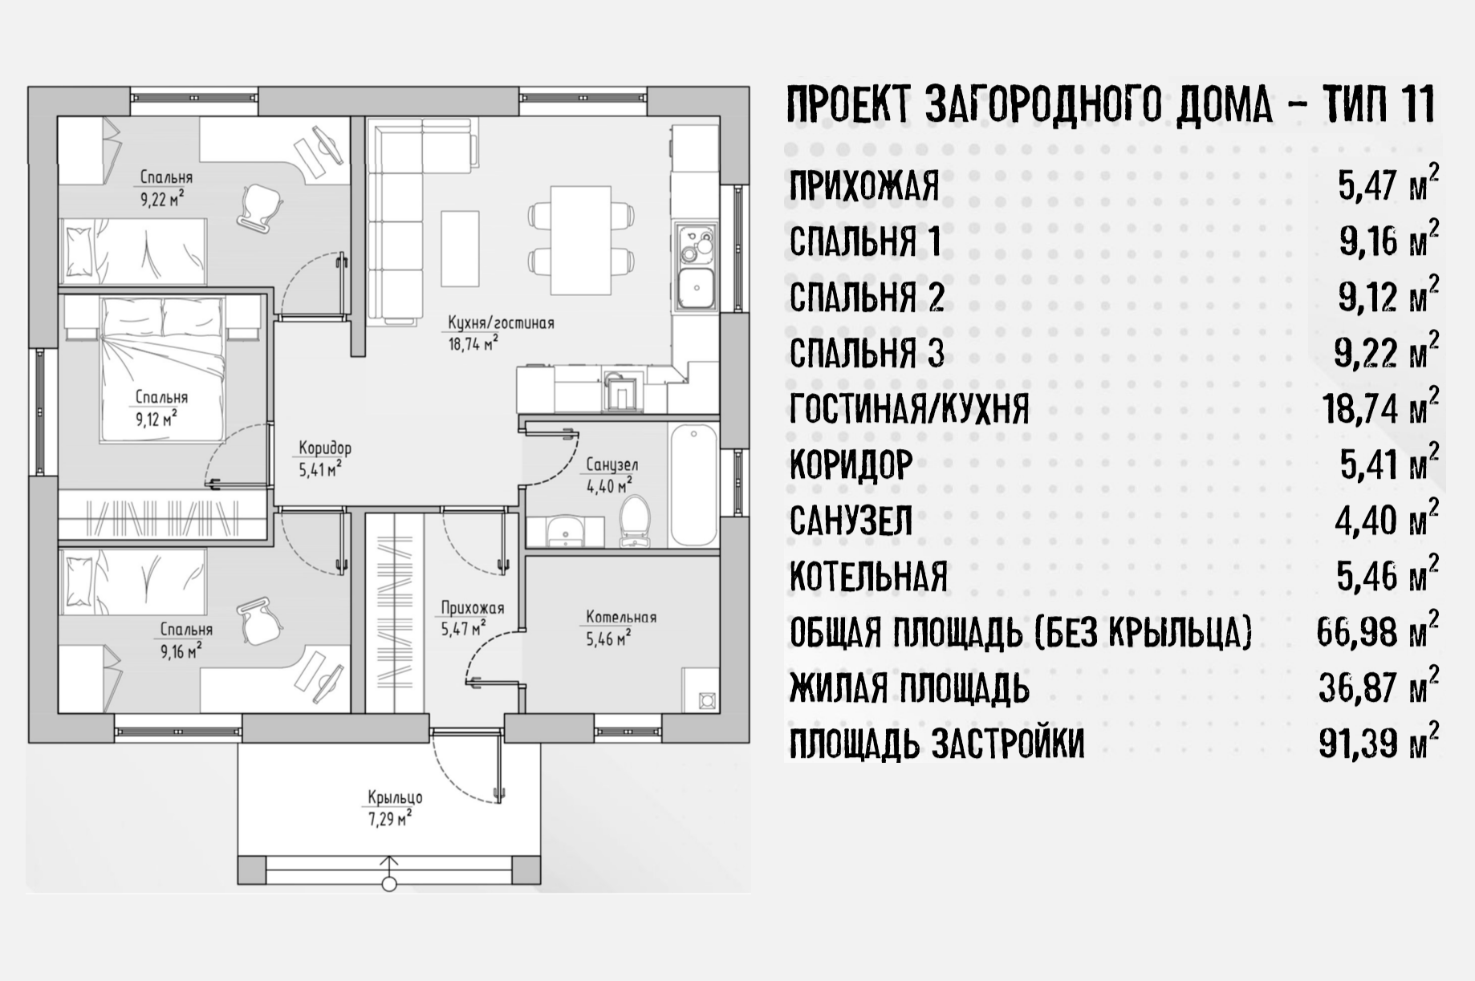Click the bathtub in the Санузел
pos(693,485)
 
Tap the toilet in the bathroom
pos(635,521)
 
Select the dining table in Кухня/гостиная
pos(581,240)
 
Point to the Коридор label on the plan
pos(325,448)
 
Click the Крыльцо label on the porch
pos(395,797)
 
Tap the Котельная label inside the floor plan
pos(621,617)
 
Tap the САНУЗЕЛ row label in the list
pos(851,521)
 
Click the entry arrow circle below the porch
pos(389,885)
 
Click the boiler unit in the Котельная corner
pos(707,699)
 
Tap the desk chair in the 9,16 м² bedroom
pos(260,622)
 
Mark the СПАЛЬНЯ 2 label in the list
pos(867,298)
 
